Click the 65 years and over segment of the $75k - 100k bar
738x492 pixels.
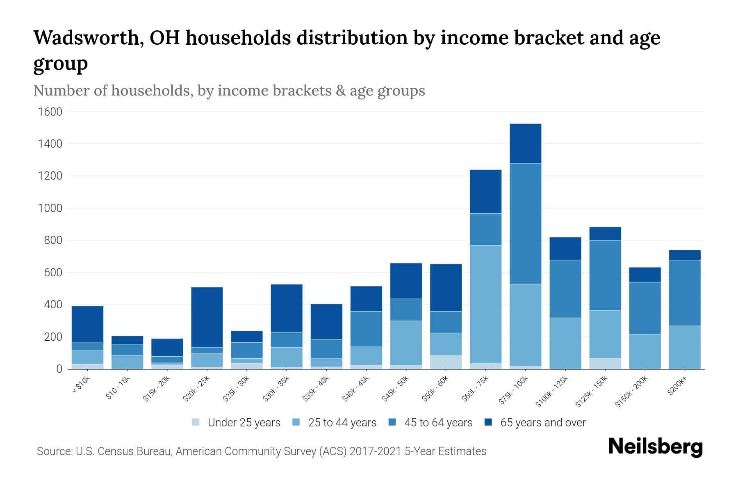click(x=525, y=143)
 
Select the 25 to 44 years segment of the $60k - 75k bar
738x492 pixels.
click(x=485, y=304)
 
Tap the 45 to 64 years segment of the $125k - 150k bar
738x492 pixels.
click(x=605, y=276)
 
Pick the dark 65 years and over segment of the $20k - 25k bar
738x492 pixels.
click(x=207, y=317)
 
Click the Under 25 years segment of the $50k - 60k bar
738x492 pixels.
click(x=446, y=362)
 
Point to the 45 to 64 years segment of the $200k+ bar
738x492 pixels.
click(x=684, y=293)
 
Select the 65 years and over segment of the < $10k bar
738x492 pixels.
click(x=87, y=324)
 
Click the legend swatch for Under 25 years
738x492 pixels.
click(x=196, y=422)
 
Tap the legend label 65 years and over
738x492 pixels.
click(x=543, y=423)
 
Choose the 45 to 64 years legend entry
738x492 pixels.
click(x=438, y=423)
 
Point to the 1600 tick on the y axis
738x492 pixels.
click(x=50, y=112)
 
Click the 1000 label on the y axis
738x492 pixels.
click(x=50, y=208)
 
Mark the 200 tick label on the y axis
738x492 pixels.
click(x=53, y=337)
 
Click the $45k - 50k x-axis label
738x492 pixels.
click(x=395, y=390)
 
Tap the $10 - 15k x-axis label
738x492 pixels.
click(x=117, y=389)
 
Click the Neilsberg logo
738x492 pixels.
click(x=656, y=447)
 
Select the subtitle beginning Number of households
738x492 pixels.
click(x=229, y=91)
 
